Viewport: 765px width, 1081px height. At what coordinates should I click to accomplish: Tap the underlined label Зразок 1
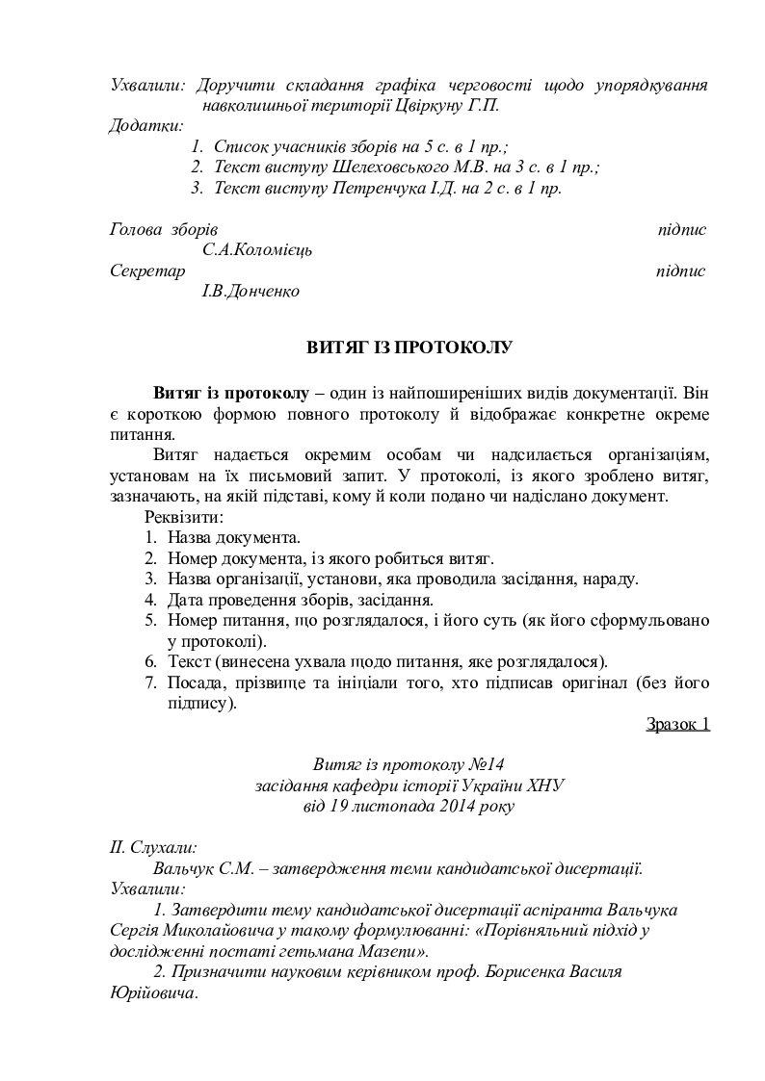point(677,724)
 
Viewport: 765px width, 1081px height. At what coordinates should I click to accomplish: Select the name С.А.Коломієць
point(257,250)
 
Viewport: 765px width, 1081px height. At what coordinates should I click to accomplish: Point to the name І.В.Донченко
point(251,291)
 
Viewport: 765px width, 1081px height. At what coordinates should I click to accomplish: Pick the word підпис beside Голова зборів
point(681,230)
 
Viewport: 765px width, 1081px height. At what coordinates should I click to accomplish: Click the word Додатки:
point(146,126)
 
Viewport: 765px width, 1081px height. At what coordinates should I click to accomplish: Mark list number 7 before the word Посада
point(150,683)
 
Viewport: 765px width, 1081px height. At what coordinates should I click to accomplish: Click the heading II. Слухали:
point(154,847)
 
